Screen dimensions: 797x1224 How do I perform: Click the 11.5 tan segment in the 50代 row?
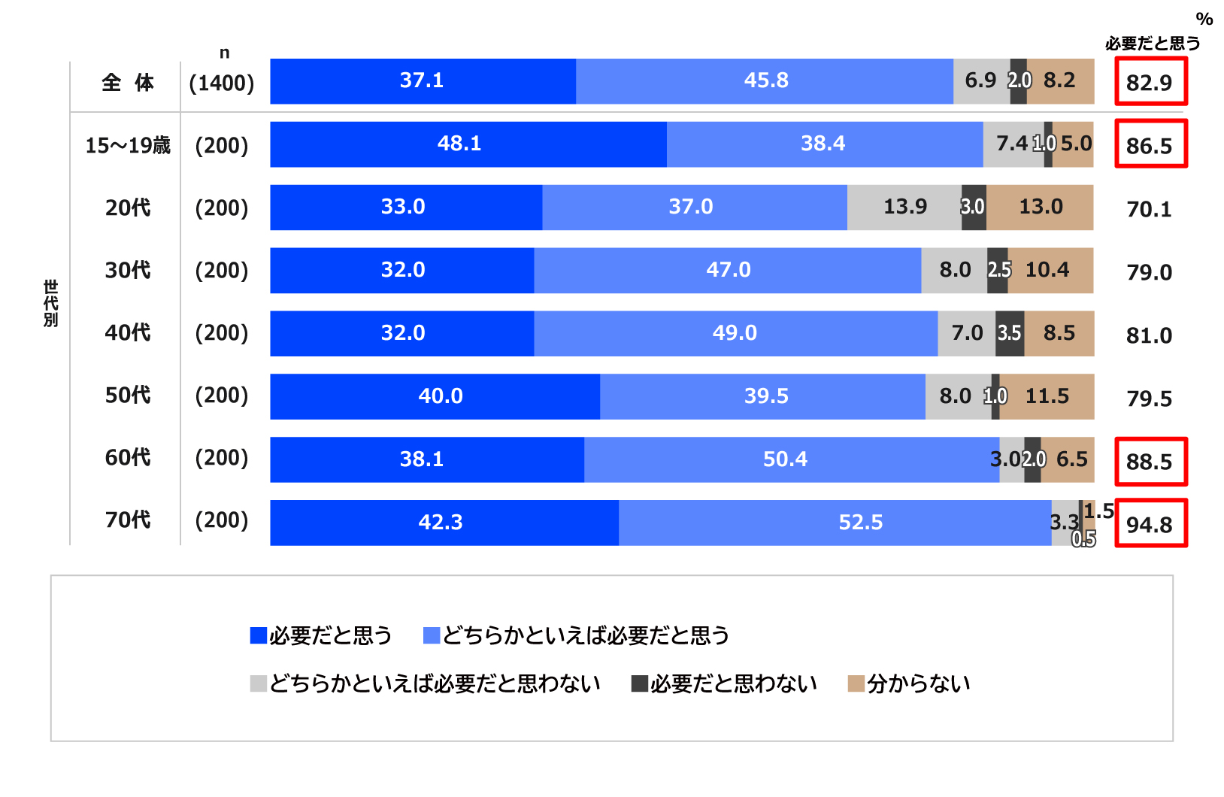tap(1047, 396)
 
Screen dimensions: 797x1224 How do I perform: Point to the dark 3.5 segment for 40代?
tap(1010, 333)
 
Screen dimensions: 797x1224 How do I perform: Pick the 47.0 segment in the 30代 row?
tap(727, 270)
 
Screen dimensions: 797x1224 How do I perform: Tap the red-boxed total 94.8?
tap(1150, 524)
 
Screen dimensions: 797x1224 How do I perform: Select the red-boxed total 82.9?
tap(1150, 82)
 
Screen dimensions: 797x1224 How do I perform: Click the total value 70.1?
tap(1149, 209)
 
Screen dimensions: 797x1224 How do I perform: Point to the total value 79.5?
tap(1149, 398)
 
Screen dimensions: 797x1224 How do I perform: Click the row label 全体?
tap(128, 82)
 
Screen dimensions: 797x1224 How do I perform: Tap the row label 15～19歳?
tap(128, 145)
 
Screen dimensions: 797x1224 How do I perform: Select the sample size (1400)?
tap(222, 83)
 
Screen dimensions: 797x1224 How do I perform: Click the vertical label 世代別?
tap(50, 303)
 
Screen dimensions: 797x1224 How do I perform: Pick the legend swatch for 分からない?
tap(856, 683)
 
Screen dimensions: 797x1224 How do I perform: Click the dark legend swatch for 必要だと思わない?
tap(640, 683)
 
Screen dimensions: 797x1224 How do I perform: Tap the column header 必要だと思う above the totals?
tap(1152, 44)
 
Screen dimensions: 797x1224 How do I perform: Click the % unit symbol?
tap(1204, 19)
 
